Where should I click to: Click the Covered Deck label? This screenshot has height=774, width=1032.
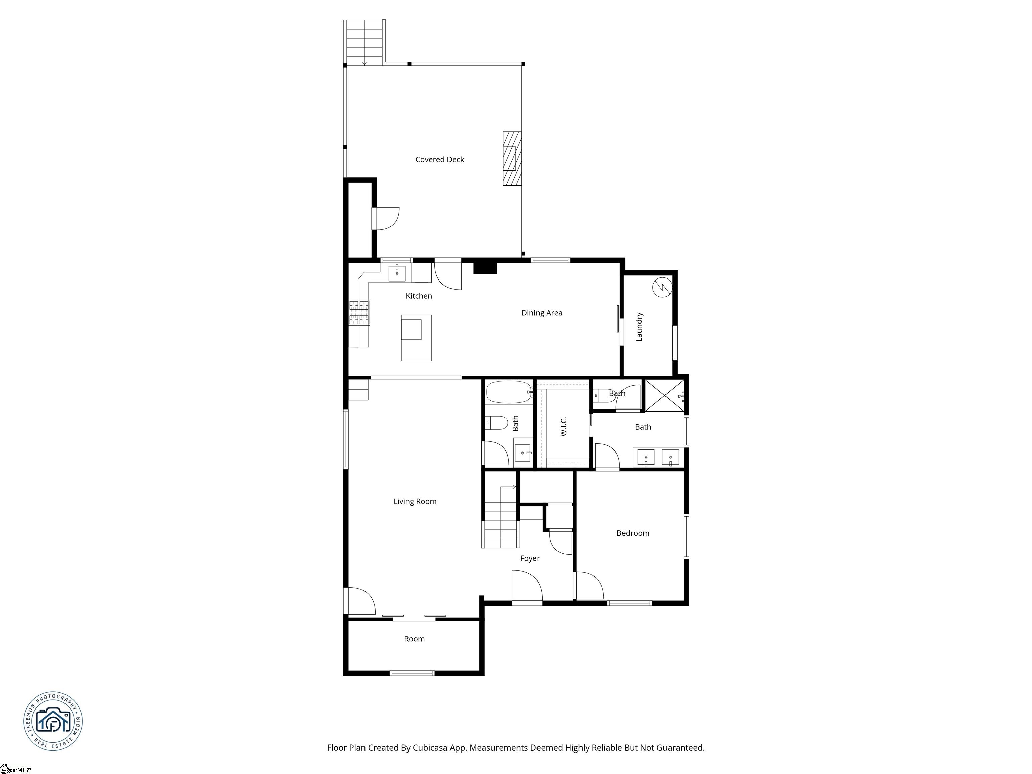pos(439,160)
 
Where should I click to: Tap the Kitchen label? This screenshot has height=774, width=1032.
pos(419,296)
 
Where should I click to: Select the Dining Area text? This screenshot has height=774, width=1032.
pos(542,313)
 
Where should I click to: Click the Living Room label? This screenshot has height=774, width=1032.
pos(415,502)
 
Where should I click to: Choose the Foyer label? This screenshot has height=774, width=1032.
pos(530,558)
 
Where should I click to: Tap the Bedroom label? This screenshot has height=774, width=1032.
pos(633,533)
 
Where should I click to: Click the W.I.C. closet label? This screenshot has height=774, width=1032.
pos(564,426)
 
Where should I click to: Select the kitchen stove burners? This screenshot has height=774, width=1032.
pos(359,312)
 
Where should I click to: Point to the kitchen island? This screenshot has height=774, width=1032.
pos(416,338)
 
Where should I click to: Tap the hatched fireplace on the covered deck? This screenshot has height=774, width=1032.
pos(512,159)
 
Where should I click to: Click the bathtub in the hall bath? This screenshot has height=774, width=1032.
pos(509,392)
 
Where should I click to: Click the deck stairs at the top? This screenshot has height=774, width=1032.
pos(364,42)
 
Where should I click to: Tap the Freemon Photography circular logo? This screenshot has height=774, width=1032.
pos(53,721)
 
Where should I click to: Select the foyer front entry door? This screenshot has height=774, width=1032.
pos(527,587)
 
